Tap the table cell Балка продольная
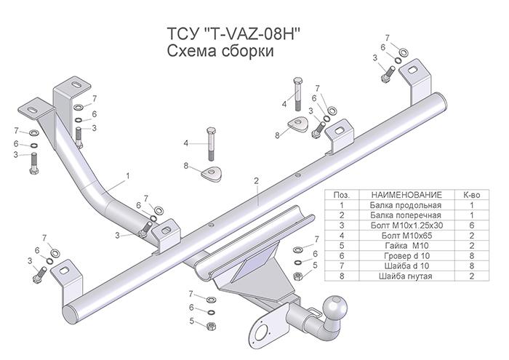coord(406,206)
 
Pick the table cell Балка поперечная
coord(406,216)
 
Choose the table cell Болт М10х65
coord(406,236)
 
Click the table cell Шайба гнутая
coord(406,276)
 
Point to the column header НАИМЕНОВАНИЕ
coord(406,196)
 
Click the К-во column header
coord(470,196)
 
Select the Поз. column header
coord(340,196)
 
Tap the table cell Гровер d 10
coord(406,256)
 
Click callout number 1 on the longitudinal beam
coord(127,175)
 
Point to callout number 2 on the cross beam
coord(257,180)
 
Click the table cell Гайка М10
coord(406,246)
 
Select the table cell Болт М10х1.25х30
coord(406,226)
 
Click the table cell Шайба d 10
coord(406,266)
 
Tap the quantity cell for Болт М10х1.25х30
coord(470,226)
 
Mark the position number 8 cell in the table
coord(340,276)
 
